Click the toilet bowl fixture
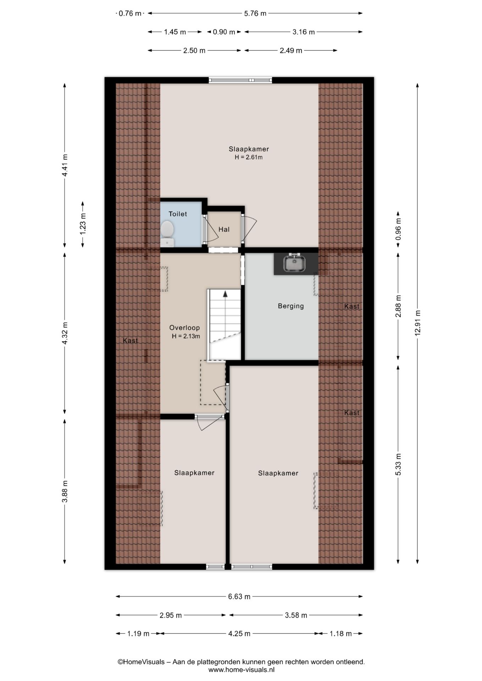click(167, 233)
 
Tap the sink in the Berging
click(295, 263)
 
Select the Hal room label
click(224, 229)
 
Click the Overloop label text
click(184, 328)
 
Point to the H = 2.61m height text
click(248, 157)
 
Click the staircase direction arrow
click(225, 294)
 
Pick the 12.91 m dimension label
click(417, 323)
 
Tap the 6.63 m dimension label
click(239, 597)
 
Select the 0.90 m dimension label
click(224, 32)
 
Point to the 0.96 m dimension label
click(398, 228)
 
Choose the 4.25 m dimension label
click(239, 633)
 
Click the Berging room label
click(291, 306)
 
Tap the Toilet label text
click(177, 214)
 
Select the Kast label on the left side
click(130, 340)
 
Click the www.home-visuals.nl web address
click(241, 670)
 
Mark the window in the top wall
click(240, 81)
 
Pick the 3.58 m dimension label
click(296, 615)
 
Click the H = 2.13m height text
click(186, 336)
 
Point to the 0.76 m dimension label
click(130, 13)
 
